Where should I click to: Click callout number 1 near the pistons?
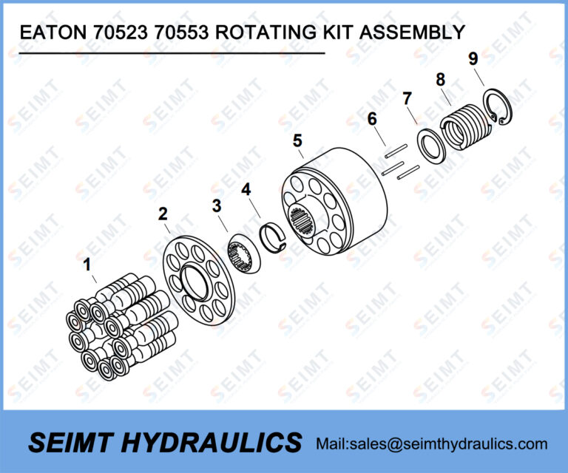(x=88, y=264)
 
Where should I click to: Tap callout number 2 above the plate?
(x=163, y=214)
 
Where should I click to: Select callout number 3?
(x=217, y=205)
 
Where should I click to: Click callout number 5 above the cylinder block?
(x=297, y=140)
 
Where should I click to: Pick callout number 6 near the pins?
(x=372, y=118)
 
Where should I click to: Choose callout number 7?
(x=406, y=98)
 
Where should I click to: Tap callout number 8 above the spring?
(x=440, y=78)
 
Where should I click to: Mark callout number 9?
(x=473, y=58)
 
